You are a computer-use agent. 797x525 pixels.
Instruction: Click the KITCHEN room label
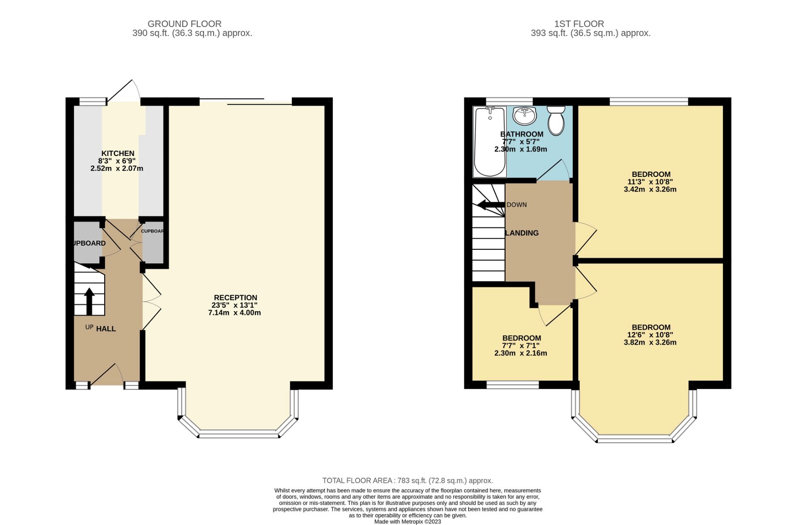click(x=118, y=154)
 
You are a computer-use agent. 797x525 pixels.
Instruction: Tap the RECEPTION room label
click(x=235, y=298)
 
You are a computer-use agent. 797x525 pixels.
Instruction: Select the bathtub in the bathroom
click(x=490, y=142)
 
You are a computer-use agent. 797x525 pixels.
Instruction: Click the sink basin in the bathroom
click(x=524, y=116)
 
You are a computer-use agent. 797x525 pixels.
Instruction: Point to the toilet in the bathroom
click(x=555, y=120)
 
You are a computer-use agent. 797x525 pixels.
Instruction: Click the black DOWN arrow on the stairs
click(x=491, y=205)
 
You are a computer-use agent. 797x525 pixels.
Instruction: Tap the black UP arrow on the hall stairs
click(x=89, y=301)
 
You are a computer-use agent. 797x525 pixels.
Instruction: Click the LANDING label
click(x=522, y=233)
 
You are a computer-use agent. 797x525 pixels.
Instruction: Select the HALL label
click(x=106, y=329)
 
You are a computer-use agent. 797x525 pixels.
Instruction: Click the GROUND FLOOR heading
click(x=184, y=24)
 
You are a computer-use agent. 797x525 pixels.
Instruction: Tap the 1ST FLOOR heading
click(x=579, y=24)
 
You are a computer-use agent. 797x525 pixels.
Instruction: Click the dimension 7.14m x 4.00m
click(x=234, y=313)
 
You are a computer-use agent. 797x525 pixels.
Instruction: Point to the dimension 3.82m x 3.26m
click(x=650, y=343)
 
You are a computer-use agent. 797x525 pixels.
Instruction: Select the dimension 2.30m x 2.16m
click(x=521, y=353)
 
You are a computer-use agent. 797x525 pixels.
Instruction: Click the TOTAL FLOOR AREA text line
click(x=407, y=481)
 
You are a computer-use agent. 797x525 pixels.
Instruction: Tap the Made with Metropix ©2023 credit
click(x=407, y=522)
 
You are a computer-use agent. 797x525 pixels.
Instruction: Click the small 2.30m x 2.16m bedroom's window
click(x=513, y=384)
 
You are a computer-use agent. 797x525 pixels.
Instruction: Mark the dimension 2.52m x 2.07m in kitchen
click(x=117, y=169)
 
